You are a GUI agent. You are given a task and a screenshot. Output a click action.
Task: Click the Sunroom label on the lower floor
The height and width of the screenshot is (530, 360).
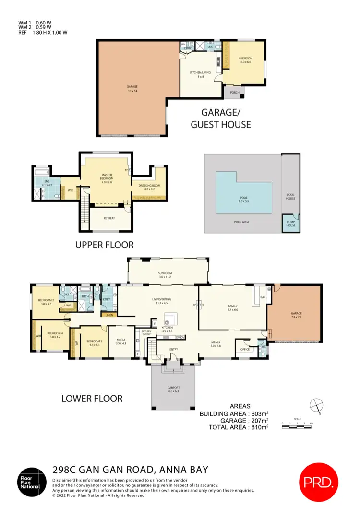pos(165,275)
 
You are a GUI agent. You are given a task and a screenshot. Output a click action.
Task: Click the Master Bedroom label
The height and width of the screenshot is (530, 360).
pos(107,176)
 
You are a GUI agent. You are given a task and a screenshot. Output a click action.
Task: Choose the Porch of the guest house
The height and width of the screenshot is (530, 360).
pos(235,93)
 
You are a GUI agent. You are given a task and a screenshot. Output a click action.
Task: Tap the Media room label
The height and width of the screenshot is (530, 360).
pos(120,342)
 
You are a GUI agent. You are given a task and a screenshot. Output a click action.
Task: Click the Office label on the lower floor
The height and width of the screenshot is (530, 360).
pos(244,349)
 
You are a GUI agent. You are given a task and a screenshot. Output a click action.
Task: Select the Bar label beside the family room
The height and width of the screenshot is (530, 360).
pos(263,297)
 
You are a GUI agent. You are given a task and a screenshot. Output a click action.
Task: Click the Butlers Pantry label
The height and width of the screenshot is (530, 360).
pos(146,332)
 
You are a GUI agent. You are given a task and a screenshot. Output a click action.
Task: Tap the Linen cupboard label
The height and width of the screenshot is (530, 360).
pos(109,315)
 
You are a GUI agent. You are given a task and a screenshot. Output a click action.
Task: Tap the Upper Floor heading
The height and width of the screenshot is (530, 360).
pos(104,245)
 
